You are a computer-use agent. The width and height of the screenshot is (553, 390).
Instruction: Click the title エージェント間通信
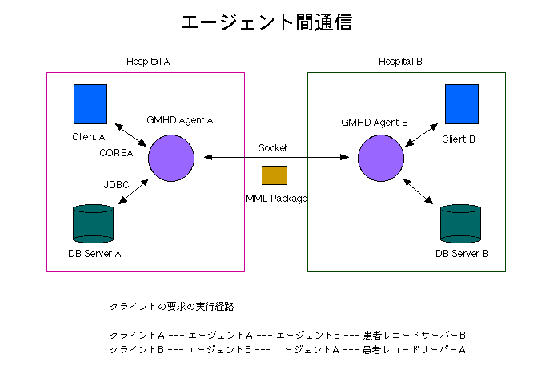pyautogui.click(x=266, y=22)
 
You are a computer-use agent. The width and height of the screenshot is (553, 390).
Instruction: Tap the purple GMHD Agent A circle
pyautogui.click(x=171, y=158)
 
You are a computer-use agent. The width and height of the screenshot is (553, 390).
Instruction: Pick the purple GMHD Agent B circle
pyautogui.click(x=380, y=158)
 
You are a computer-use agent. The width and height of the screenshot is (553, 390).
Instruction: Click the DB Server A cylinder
pyautogui.click(x=94, y=223)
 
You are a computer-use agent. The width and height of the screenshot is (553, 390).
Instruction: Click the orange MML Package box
pyautogui.click(x=274, y=175)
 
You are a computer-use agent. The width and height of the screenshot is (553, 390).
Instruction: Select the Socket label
pyautogui.click(x=273, y=148)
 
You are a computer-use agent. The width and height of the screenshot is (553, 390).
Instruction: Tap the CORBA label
pyautogui.click(x=116, y=152)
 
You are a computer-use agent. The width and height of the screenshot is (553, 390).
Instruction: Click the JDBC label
pyautogui.click(x=116, y=184)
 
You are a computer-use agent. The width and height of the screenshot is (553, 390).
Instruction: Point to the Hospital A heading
pyautogui.click(x=149, y=62)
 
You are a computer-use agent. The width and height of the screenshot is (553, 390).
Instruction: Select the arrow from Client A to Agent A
pyautogui.click(x=131, y=136)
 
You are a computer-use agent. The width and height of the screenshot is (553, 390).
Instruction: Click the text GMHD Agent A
pyautogui.click(x=179, y=120)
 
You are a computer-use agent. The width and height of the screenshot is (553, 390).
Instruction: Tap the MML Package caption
pyautogui.click(x=276, y=198)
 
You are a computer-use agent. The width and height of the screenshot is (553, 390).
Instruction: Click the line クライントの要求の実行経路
pyautogui.click(x=171, y=307)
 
